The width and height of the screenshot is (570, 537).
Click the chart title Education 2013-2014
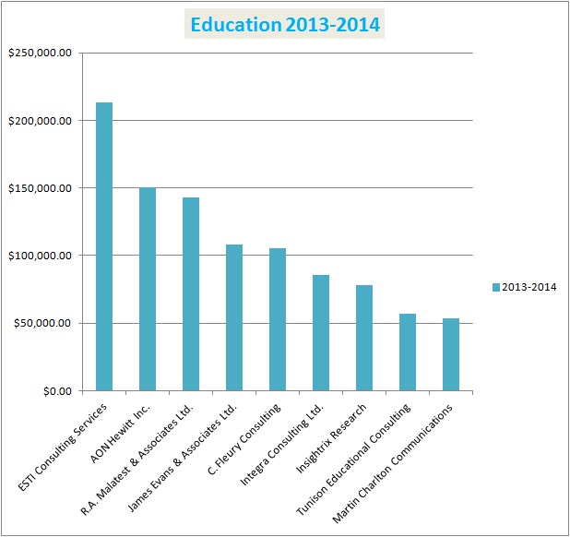pyautogui.click(x=284, y=25)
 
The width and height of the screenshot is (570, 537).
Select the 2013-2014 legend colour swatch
pyautogui.click(x=495, y=287)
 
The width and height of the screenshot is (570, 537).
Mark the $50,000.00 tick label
pyautogui.click(x=42, y=324)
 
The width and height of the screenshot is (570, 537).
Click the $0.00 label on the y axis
pyautogui.click(x=53, y=391)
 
